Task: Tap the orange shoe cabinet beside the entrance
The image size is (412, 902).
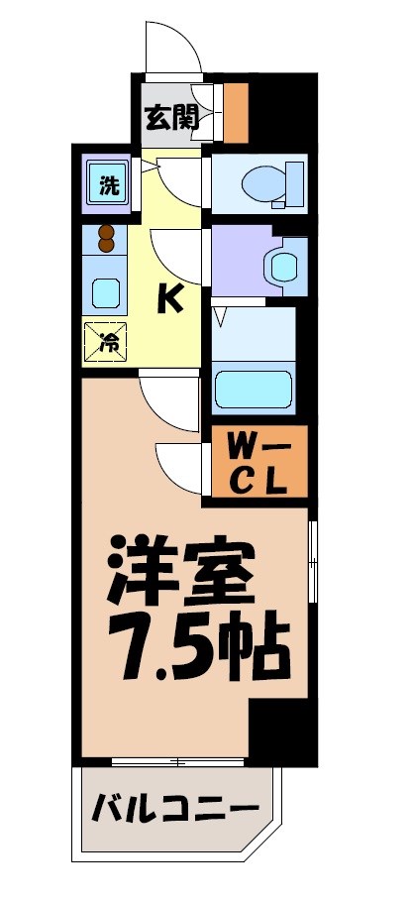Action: [235, 113]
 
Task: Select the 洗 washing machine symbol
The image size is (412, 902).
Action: [105, 182]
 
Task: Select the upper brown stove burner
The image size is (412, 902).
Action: [106, 234]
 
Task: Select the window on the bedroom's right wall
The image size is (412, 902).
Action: [313, 560]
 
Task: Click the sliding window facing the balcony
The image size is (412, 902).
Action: [178, 761]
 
